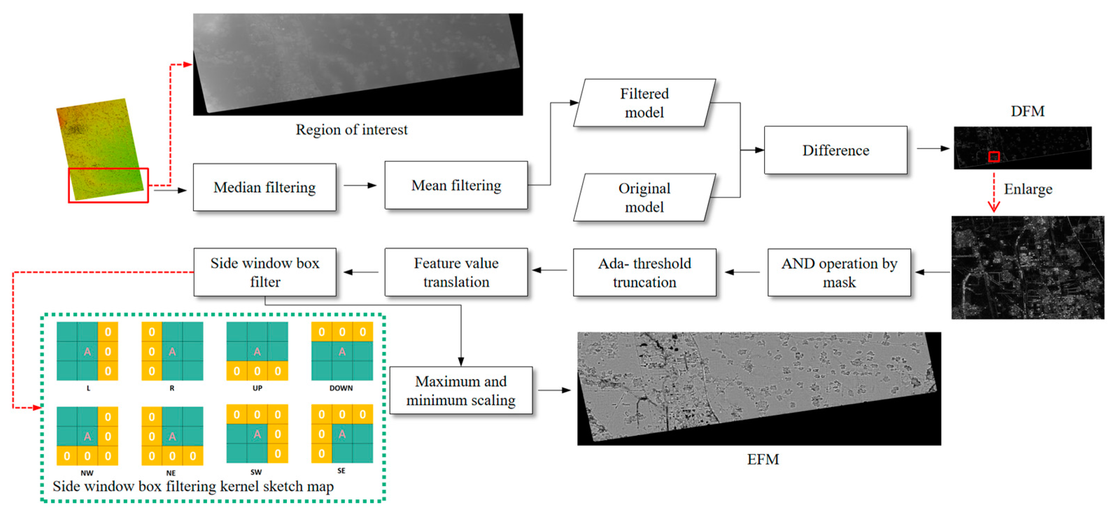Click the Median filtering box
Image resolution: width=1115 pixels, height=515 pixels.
264,188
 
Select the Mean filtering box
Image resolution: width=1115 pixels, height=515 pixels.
456,185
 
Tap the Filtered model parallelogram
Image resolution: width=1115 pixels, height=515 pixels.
644,103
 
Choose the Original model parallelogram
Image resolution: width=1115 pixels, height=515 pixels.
644,197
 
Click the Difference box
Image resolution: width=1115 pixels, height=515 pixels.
835,150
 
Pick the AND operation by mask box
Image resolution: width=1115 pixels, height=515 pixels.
839,272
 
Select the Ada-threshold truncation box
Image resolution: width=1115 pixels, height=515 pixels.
644,272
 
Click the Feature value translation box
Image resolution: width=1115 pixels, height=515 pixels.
456,272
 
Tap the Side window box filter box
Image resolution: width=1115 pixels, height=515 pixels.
264,272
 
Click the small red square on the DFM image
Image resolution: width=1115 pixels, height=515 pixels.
994,156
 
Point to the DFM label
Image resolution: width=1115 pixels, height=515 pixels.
1027,111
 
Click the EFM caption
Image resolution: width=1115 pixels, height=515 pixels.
763,459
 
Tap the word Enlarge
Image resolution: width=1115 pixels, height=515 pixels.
1028,189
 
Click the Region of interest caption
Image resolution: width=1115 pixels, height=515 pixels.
352,129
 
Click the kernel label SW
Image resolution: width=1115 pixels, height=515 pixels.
256,472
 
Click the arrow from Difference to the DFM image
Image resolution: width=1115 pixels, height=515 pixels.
933,148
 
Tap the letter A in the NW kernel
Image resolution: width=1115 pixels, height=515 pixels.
87,436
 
